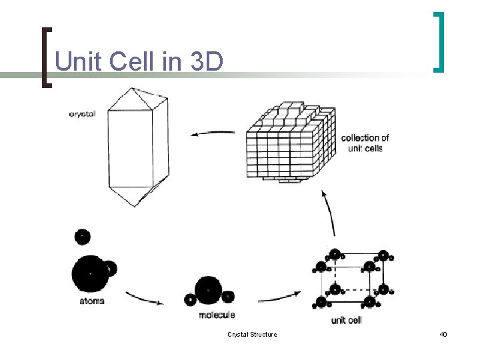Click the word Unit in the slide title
pos(77,61)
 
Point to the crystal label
pos(82,114)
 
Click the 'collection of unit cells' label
pos(365,143)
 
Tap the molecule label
pos(217,315)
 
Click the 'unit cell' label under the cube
pos(346,320)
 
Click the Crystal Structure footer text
pos(252,334)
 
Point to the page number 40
pos(443,334)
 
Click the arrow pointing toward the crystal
pos(213,133)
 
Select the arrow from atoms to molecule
pos(143,297)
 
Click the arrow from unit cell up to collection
pos(328,217)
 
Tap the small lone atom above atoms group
pos(82,237)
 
